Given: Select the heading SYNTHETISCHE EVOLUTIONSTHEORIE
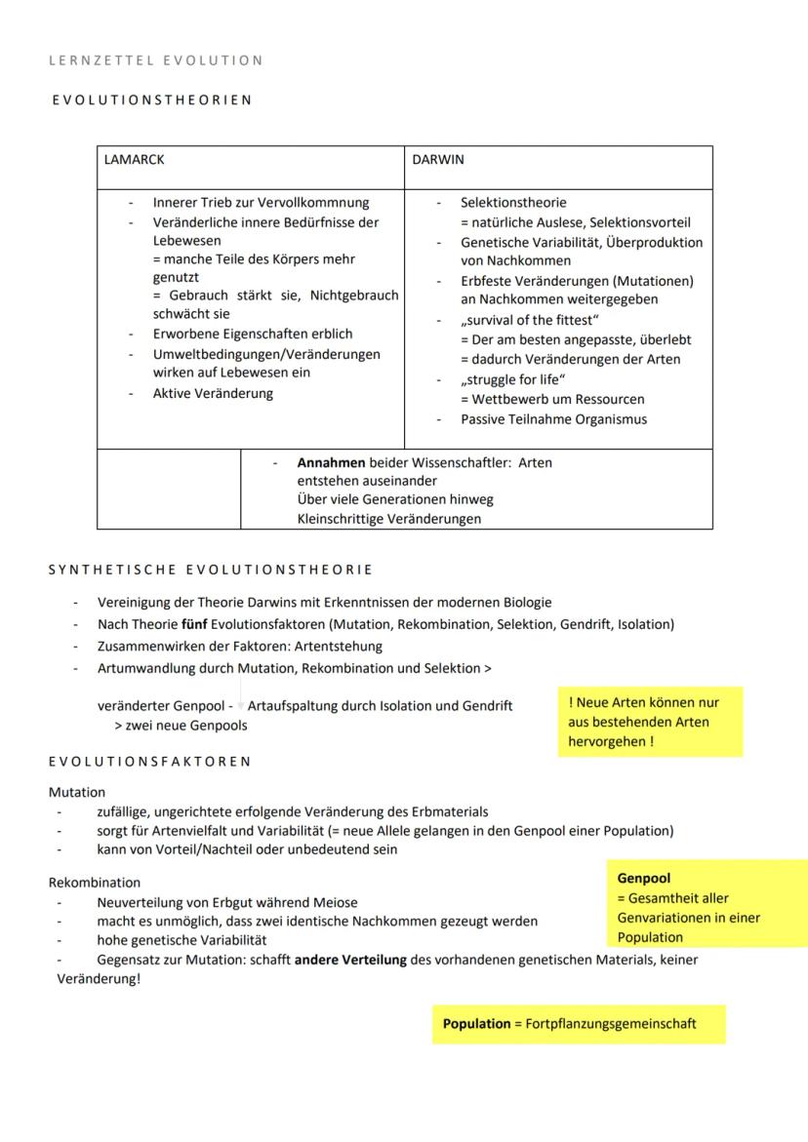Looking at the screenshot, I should pos(211,570).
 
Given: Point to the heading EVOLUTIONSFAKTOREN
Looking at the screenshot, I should pos(150,761).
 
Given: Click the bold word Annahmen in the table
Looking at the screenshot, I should pos(331,462).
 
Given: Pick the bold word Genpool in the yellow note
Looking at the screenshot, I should pos(644,879).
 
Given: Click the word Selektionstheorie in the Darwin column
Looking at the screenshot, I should pos(513,203).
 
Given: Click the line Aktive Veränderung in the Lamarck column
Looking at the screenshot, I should pos(213,393).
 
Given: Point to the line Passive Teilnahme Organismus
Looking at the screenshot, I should pos(553,419).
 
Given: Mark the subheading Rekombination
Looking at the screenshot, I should pos(95,883).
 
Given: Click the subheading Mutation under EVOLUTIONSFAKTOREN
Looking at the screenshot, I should pos(77,792).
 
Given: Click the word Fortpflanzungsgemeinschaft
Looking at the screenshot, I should pos(611,1024).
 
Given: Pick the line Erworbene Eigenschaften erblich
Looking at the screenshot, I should pos(253,335).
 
